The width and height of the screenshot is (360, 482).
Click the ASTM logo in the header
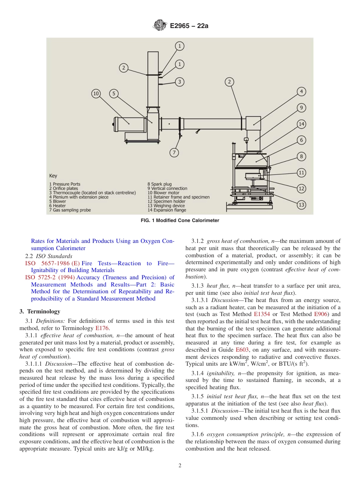160,26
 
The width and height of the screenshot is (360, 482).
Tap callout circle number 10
97,94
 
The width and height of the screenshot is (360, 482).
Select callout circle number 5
114,94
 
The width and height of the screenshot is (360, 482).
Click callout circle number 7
174,152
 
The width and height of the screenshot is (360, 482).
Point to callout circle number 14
301,124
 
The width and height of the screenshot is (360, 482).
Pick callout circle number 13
301,205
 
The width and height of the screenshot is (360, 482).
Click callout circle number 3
180,81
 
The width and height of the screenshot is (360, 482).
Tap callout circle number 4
301,91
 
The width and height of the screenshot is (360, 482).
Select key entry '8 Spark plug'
159,184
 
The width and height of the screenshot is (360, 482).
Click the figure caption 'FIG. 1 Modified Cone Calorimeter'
180,221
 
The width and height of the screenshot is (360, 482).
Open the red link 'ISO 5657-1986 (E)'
52,263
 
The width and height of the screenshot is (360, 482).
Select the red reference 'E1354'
262,314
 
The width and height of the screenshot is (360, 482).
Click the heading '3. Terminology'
40,311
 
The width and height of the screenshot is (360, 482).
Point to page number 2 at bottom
180,466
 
